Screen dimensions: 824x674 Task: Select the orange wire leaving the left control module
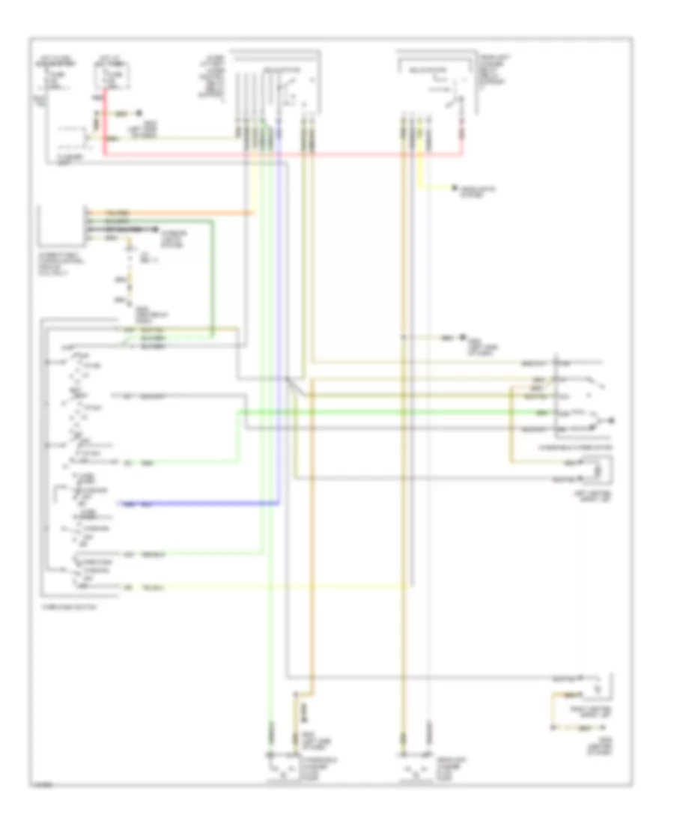[172, 213]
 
